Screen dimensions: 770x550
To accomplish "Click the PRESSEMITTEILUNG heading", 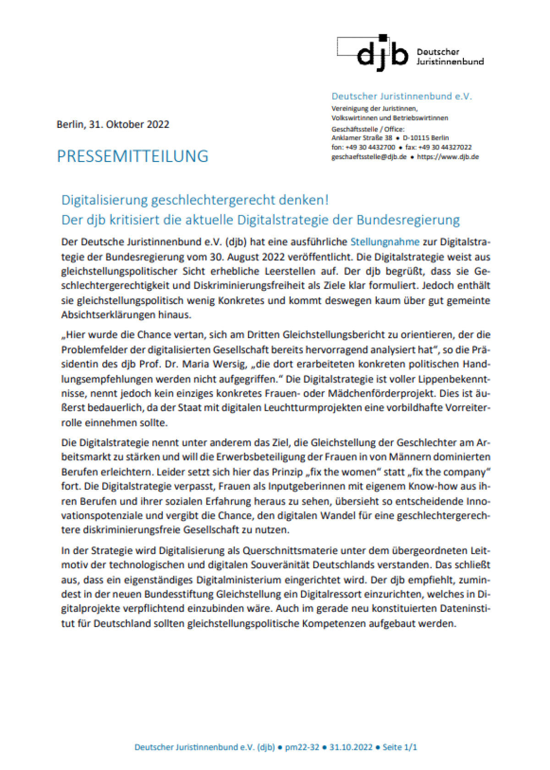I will (132, 156).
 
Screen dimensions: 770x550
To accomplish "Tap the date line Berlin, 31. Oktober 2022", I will (113, 124).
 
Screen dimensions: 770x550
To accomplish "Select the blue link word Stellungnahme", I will (385, 242).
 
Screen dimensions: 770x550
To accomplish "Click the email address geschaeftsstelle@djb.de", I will (369, 157).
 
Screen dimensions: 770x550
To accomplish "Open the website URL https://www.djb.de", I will (448, 157).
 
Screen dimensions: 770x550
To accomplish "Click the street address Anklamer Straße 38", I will (362, 138).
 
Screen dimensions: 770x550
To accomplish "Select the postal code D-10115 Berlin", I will (426, 138).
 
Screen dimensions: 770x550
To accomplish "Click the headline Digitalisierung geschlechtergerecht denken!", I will (195, 200).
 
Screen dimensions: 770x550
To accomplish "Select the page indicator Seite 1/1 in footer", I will (400, 747).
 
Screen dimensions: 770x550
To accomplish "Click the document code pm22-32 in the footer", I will (302, 747).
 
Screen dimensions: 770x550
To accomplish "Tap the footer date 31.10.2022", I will (351, 747).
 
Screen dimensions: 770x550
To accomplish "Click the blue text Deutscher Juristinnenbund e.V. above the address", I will (401, 96).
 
